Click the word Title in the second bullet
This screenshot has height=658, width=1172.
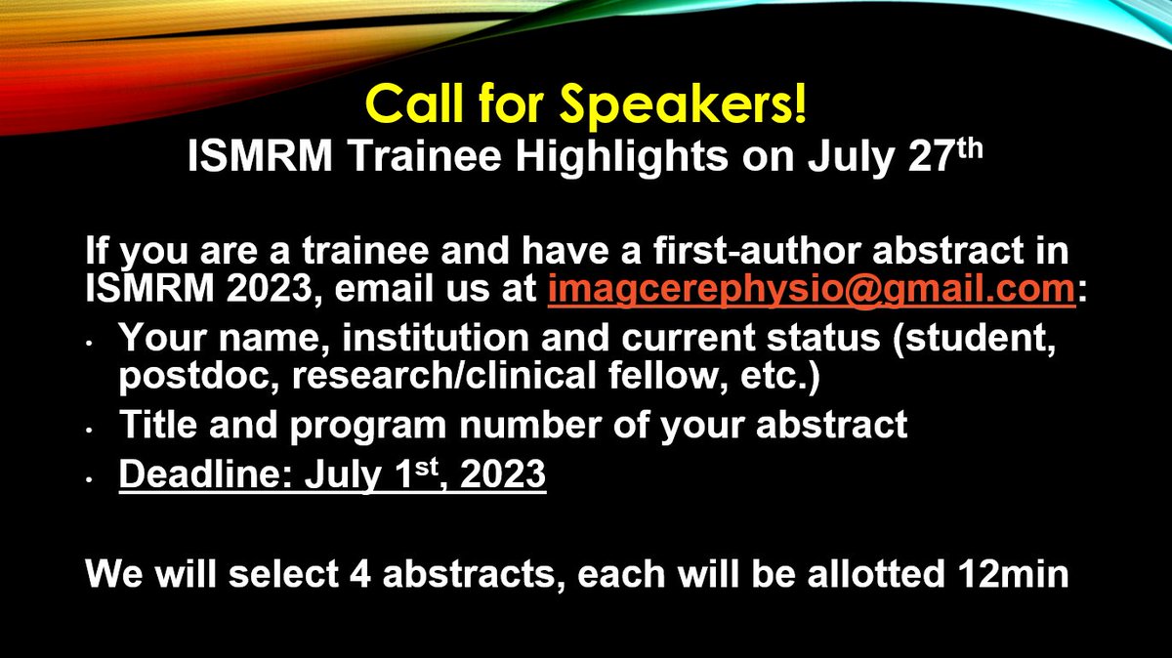pyautogui.click(x=150, y=427)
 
